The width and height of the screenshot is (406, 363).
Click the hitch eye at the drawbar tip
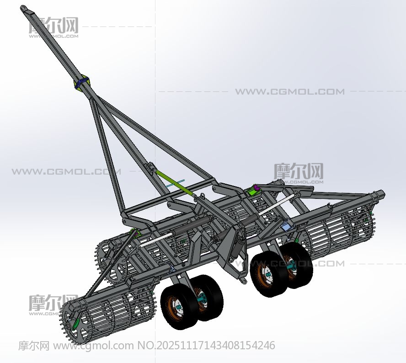coord(24,9)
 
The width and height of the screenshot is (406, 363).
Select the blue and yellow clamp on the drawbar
coord(81,82)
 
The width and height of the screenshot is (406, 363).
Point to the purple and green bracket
coord(254,190)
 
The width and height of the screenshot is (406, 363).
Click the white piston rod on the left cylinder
coord(156,239)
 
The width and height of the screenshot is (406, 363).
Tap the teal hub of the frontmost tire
coord(179,307)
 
